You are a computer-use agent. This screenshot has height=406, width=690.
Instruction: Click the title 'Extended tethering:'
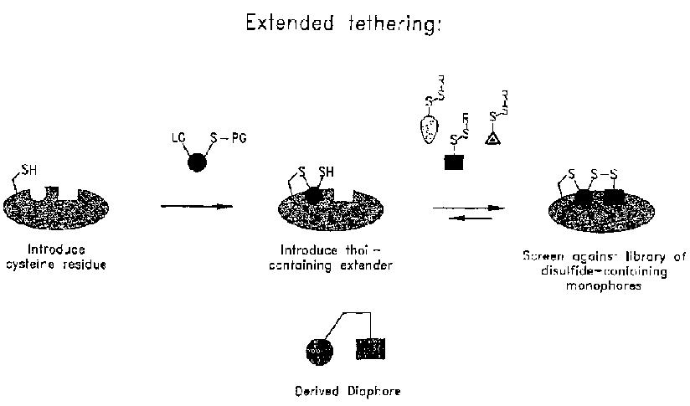click(342, 25)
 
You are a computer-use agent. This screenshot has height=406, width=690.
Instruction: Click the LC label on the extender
click(178, 134)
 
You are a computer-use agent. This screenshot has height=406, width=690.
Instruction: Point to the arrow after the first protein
click(196, 207)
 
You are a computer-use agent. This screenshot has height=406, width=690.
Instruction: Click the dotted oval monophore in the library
click(428, 131)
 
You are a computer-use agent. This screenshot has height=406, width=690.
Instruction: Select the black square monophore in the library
click(456, 162)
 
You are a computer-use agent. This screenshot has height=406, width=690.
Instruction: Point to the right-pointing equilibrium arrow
click(469, 207)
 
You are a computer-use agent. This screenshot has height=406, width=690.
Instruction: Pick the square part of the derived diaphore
click(371, 349)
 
